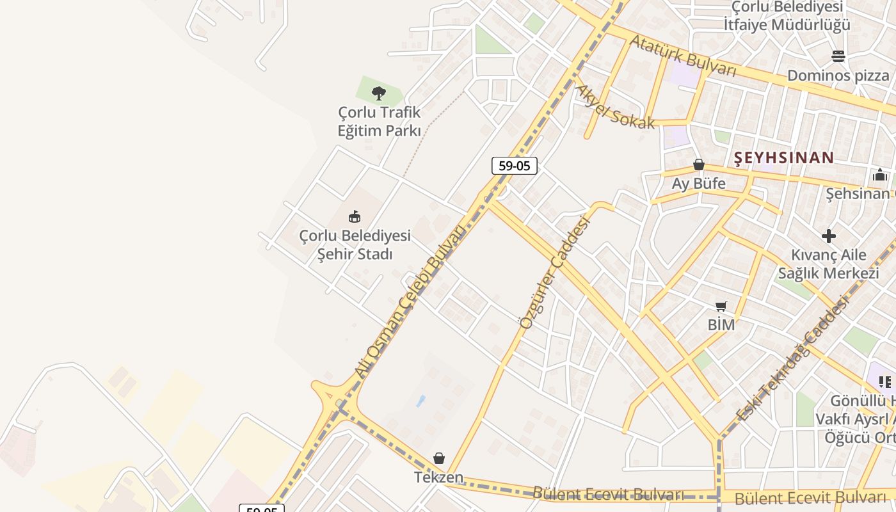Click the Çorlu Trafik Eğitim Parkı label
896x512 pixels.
[380, 122]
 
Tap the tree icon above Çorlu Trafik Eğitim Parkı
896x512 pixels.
[379, 93]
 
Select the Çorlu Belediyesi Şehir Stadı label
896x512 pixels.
[355, 245]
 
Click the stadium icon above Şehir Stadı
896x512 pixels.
[355, 216]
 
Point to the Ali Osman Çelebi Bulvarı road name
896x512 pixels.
[410, 301]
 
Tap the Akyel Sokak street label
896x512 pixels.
[615, 106]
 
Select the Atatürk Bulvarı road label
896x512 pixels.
[684, 56]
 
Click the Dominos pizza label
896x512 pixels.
[838, 76]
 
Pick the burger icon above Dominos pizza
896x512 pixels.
[838, 56]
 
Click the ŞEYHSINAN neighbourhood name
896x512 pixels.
[784, 157]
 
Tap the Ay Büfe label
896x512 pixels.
[698, 184]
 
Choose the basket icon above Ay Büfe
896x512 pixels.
[699, 165]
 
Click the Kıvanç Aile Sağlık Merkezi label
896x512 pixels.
[828, 264]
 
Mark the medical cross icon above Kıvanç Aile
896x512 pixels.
[829, 236]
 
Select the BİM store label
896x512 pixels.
[721, 325]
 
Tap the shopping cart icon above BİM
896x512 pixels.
[721, 307]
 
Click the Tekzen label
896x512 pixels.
[438, 477]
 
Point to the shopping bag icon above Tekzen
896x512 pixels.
[439, 458]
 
